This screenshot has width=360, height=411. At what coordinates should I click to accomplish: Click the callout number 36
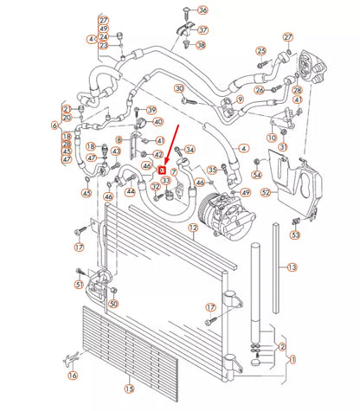[203, 10]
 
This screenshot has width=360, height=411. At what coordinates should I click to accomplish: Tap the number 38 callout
[201, 44]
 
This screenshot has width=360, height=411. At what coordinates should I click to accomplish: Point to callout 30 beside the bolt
[179, 88]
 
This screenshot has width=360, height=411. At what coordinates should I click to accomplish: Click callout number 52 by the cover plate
[267, 192]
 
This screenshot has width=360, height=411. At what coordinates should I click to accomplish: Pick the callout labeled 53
[295, 234]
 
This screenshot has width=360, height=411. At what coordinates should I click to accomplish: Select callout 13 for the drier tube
[292, 267]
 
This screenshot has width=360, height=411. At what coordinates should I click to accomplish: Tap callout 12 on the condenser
[194, 228]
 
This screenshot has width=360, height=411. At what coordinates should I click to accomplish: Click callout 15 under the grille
[129, 389]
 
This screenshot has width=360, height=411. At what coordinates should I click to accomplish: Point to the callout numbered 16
[73, 376]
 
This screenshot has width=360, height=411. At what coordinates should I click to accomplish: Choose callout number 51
[79, 284]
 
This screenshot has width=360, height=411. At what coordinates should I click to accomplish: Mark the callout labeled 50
[113, 303]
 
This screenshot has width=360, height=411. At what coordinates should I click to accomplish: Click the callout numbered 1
[292, 358]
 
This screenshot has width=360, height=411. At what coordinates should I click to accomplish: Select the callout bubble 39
[151, 110]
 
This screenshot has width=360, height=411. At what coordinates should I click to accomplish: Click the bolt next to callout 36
[185, 10]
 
